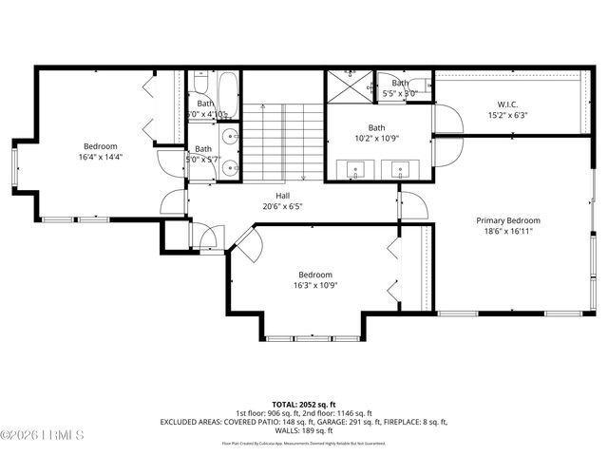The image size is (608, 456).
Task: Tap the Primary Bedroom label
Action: pos(507,220)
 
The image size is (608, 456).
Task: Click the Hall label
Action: pos(283,195)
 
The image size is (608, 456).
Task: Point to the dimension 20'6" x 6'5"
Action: pos(283,206)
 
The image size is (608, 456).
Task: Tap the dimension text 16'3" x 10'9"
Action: pos(315,285)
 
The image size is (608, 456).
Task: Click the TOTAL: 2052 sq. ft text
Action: pos(303,404)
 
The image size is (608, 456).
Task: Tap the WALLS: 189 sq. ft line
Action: pos(303,429)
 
